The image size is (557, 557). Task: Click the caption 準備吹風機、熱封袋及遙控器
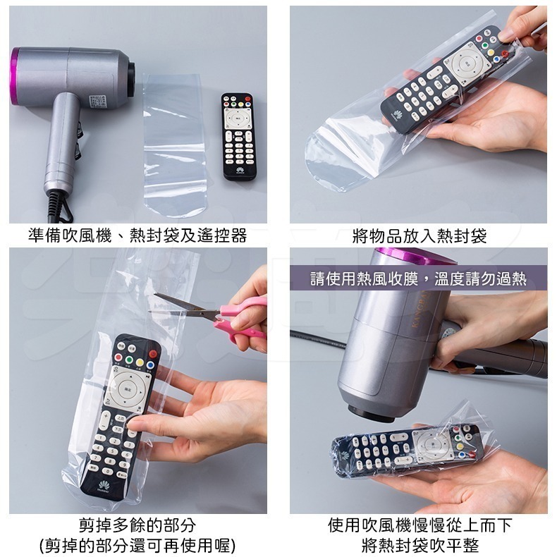tap(137, 235)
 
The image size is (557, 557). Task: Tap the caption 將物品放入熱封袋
tap(419, 235)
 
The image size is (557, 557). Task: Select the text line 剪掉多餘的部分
tap(137, 525)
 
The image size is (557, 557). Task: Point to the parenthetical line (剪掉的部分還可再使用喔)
tap(137, 545)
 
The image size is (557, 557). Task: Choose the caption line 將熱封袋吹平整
tap(419, 545)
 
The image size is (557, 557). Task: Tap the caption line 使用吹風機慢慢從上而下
tap(419, 525)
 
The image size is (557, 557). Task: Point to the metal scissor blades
tap(183, 302)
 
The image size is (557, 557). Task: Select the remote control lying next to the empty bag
tap(238, 137)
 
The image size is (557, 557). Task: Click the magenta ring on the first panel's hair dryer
tap(13, 76)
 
